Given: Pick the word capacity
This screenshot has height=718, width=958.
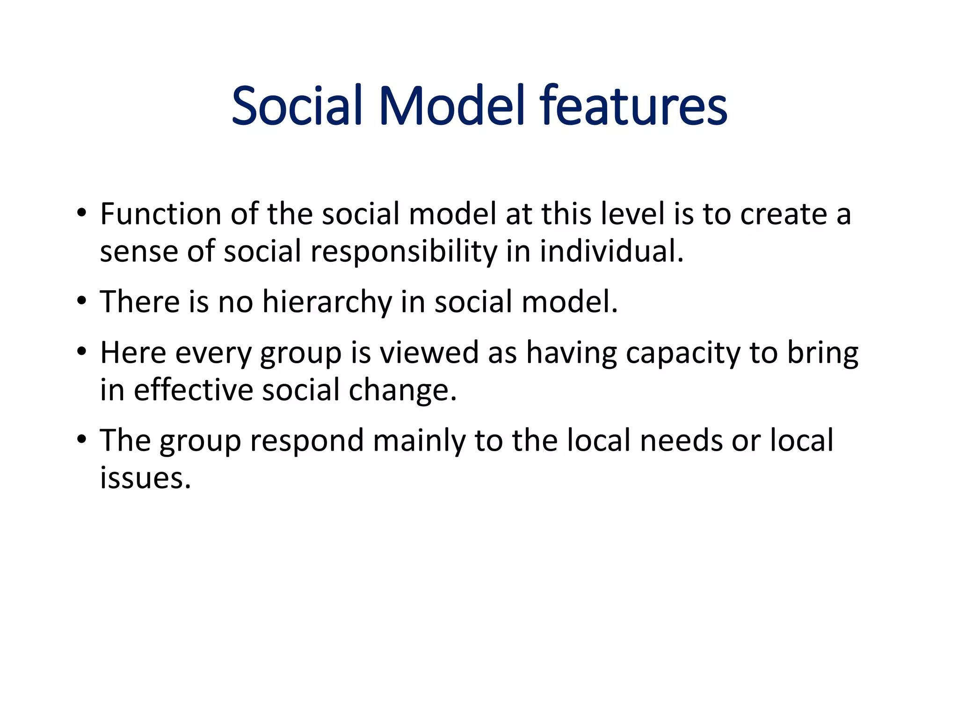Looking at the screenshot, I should tap(683, 353).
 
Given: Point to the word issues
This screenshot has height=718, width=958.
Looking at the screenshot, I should tap(145, 479).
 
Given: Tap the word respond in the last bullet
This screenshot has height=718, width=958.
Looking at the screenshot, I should tap(307, 441).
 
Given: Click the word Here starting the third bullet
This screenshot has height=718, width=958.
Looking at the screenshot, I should tap(133, 352).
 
